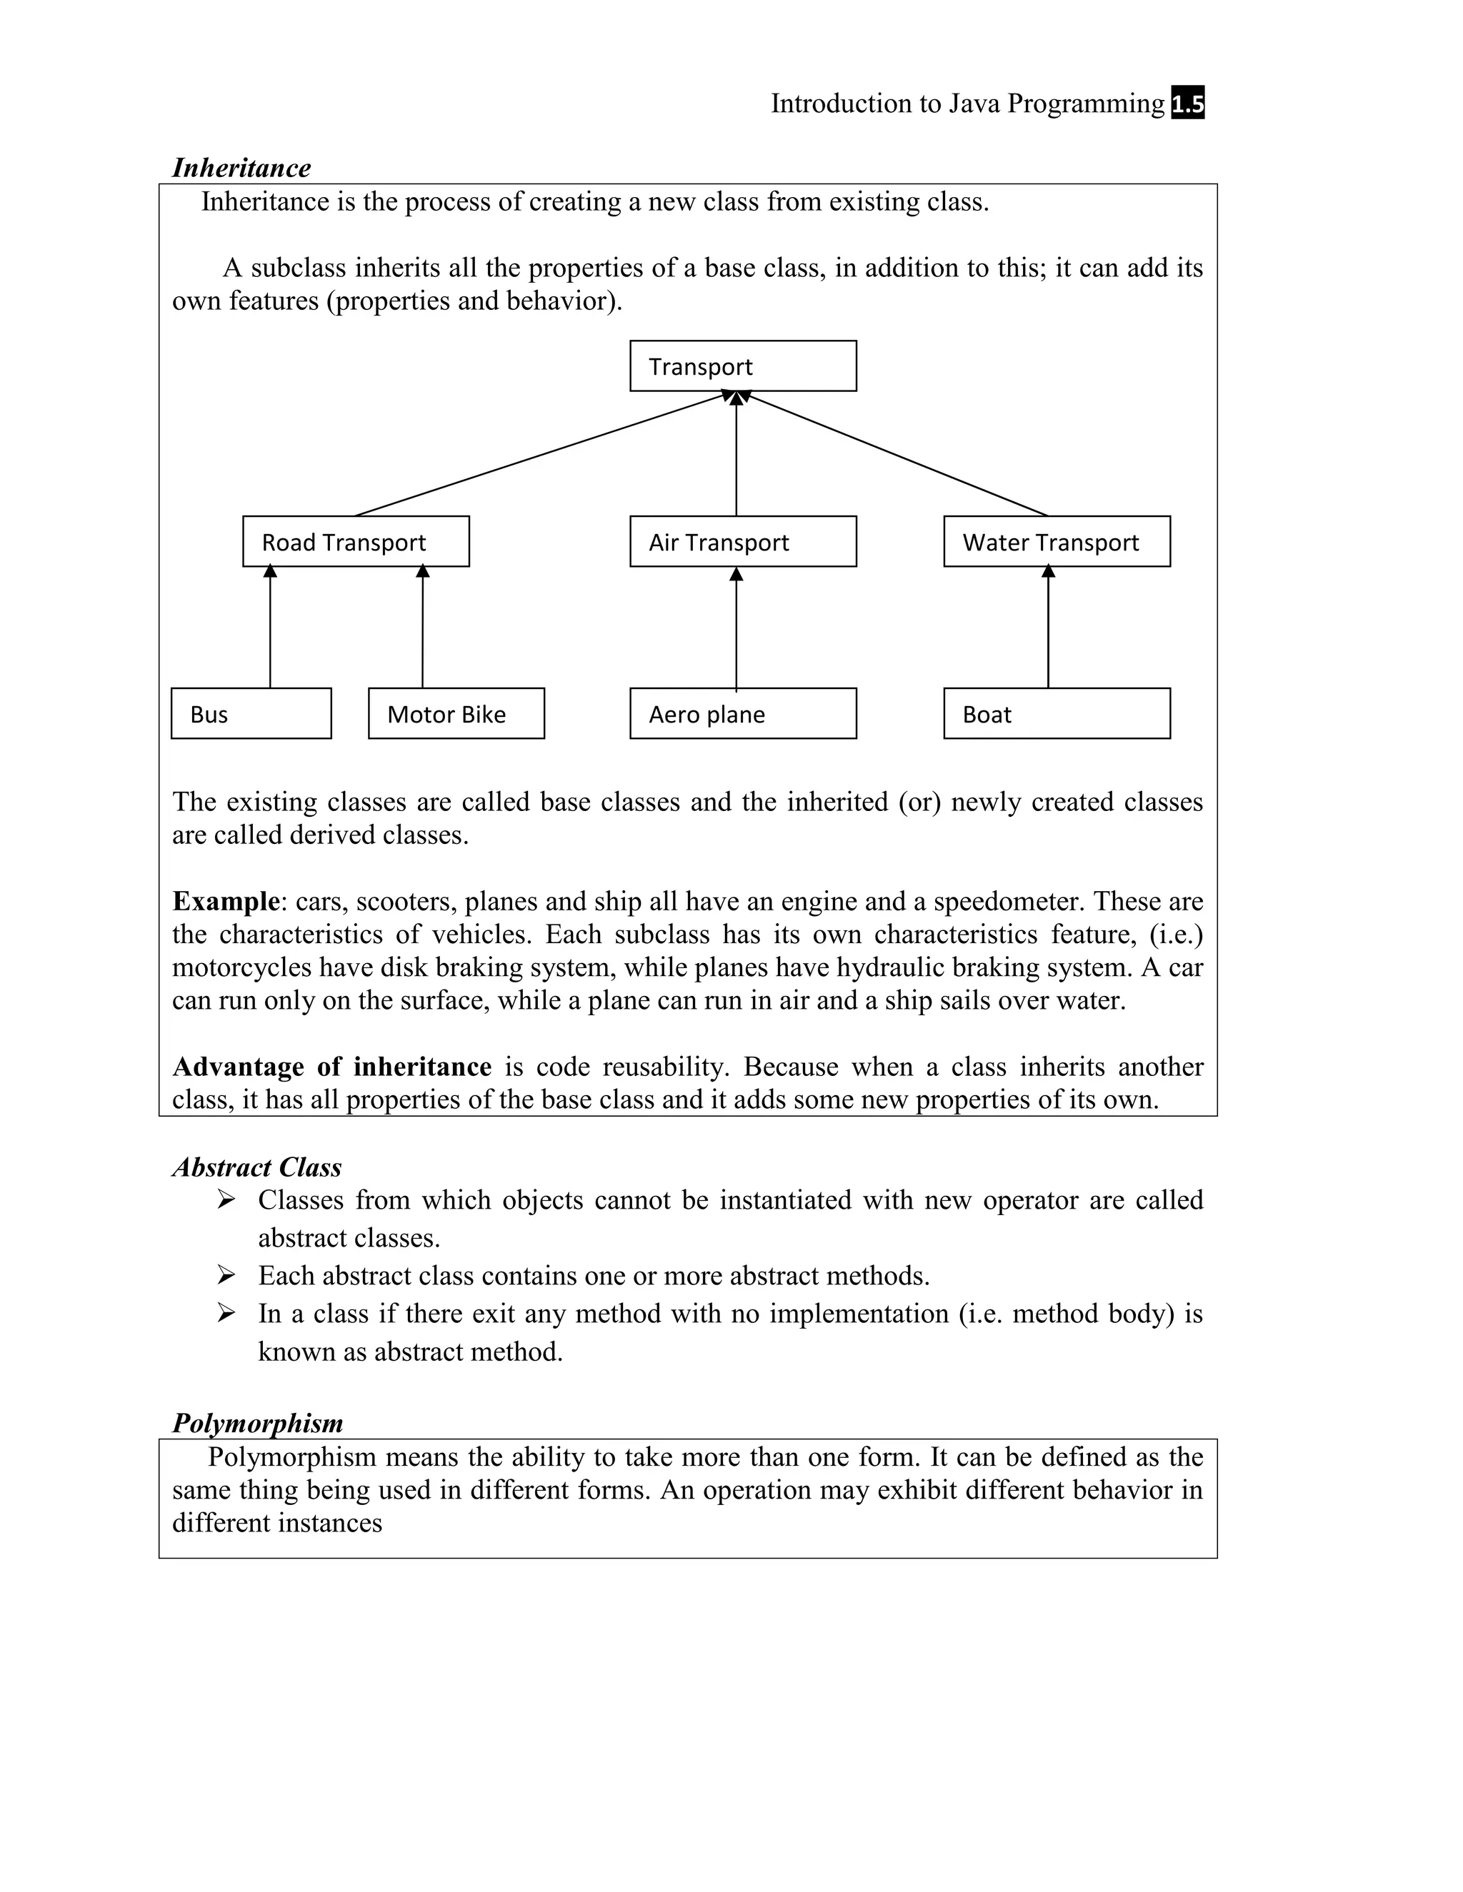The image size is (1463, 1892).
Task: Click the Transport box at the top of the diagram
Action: coord(743,366)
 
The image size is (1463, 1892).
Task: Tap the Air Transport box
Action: coord(743,541)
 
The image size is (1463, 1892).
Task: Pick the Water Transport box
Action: coord(1057,541)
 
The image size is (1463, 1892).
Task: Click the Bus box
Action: coord(251,713)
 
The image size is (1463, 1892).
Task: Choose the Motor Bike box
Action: coord(456,713)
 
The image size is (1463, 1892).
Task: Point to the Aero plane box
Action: coord(743,713)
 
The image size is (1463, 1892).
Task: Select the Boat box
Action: coord(1057,713)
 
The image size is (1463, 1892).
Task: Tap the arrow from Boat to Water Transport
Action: coord(1048,628)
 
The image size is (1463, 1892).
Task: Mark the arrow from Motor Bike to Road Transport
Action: coord(422,628)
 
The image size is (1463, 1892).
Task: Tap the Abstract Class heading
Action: coord(256,1167)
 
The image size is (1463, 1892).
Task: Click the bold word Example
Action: coord(225,901)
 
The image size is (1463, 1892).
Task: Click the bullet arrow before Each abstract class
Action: coord(226,1274)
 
